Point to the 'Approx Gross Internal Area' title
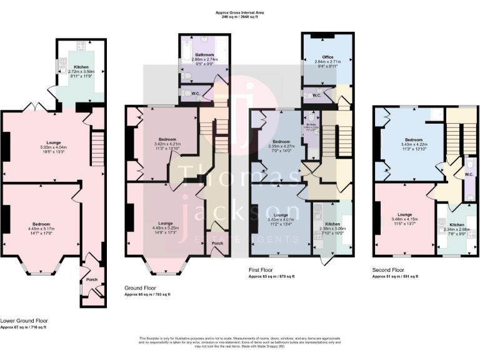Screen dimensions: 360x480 (239, 12)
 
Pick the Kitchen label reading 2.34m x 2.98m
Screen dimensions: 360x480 (457, 224)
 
